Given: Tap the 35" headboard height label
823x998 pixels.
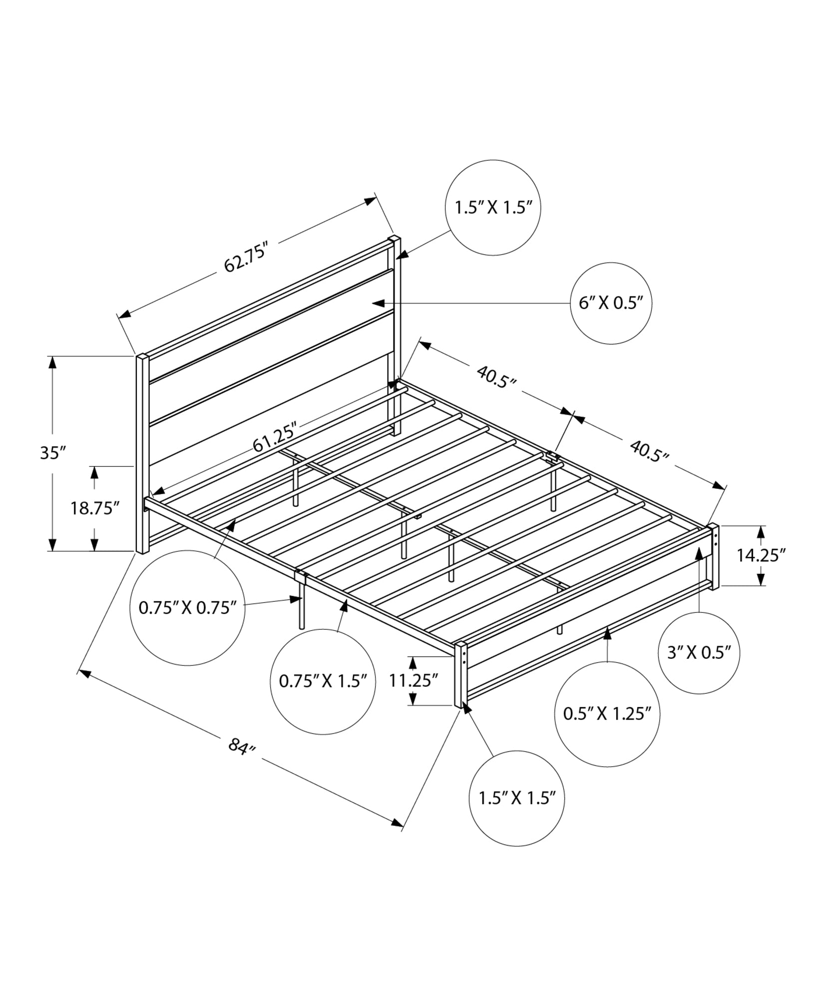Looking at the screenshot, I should click(x=53, y=453).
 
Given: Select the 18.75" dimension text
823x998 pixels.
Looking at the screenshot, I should click(x=95, y=508).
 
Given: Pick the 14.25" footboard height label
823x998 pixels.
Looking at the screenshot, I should click(x=761, y=555).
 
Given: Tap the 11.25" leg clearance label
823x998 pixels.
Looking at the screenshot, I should click(x=413, y=680).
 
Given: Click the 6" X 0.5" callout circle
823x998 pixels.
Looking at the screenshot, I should click(x=611, y=303).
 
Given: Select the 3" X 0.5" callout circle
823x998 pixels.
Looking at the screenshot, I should click(x=699, y=653).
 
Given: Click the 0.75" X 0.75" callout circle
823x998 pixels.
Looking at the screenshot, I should click(x=187, y=608).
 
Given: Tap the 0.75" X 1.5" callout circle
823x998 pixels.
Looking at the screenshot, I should click(x=323, y=681).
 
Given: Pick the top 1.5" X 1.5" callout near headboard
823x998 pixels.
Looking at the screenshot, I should click(x=493, y=208).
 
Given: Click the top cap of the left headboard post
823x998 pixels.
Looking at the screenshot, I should click(x=142, y=356).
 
